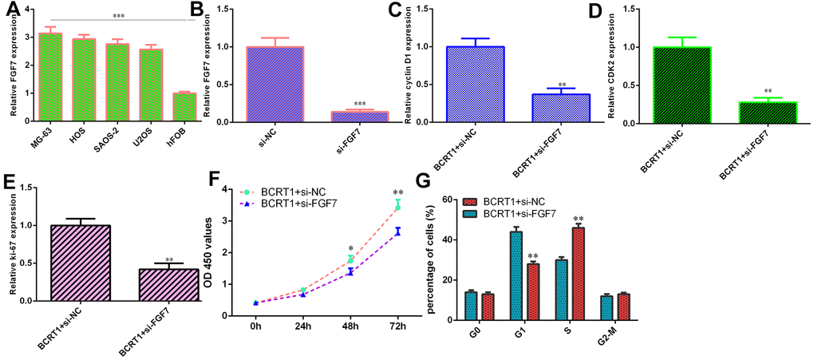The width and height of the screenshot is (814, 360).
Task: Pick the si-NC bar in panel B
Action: (275, 85)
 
